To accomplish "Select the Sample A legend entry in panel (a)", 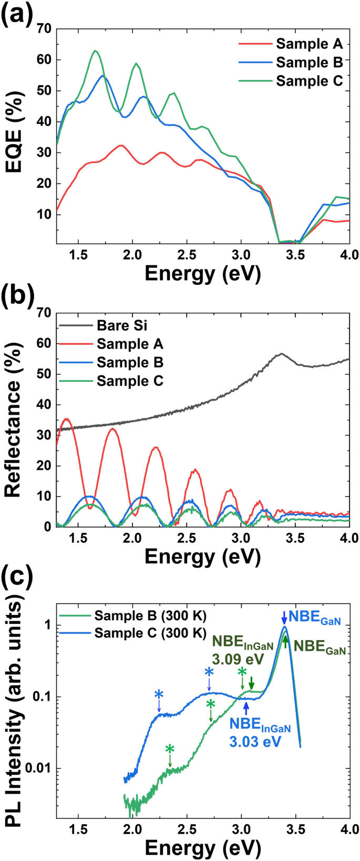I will (309, 44).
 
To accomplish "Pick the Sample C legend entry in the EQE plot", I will (309, 81).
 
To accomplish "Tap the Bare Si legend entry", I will (122, 325).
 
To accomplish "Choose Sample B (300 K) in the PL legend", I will (150, 616).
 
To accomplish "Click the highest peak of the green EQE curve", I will (95, 50).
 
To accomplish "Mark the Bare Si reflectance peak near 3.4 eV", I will (282, 354).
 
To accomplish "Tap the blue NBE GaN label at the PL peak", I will (314, 617).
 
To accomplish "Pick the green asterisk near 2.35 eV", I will (170, 749).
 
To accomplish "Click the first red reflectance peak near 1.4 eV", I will (66, 419).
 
